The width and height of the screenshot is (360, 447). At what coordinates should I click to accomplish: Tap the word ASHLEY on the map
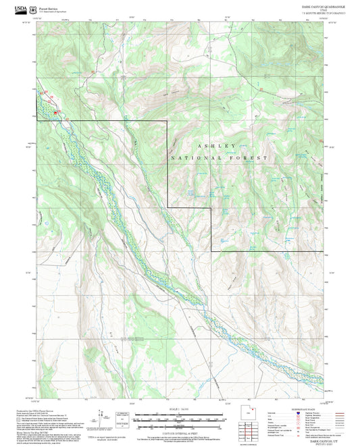coord(217,146)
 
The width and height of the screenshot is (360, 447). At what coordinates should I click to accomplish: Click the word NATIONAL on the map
coord(192,157)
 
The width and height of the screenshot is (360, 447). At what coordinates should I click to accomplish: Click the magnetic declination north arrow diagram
coord(105,417)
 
